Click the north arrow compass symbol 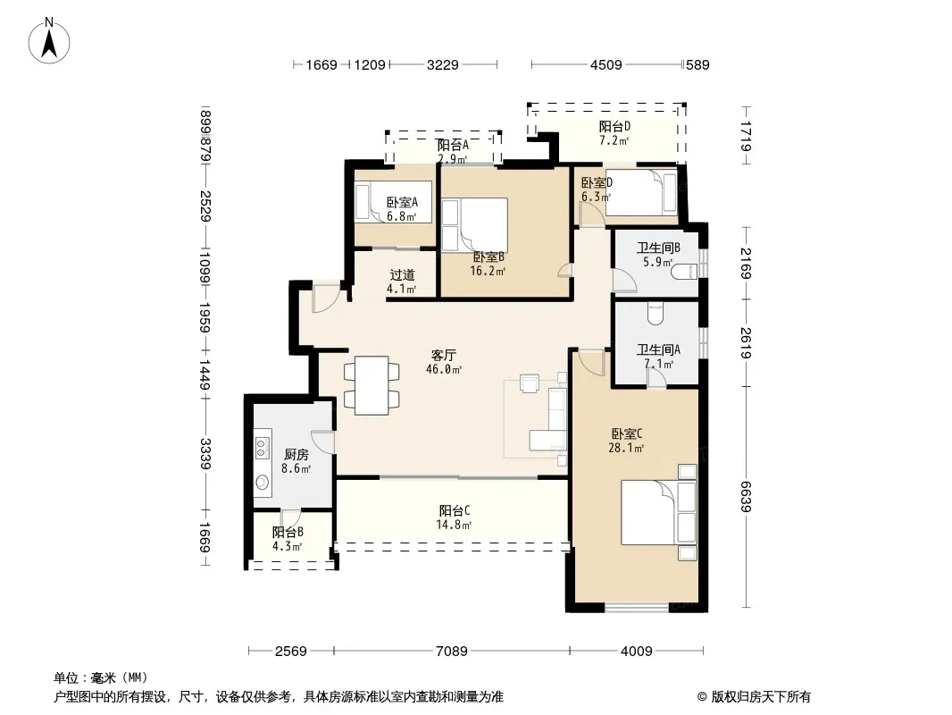(49, 41)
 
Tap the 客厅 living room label (443, 355)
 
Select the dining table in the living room (372, 386)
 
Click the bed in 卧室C (658, 512)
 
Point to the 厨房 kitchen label (296, 454)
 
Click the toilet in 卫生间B (684, 271)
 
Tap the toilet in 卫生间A (656, 313)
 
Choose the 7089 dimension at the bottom (452, 652)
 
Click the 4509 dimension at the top (605, 64)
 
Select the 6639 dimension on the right (747, 496)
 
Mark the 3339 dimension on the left (205, 453)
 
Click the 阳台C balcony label (455, 511)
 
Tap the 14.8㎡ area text (454, 525)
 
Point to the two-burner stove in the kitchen (263, 448)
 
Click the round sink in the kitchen (263, 483)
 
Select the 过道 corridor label (402, 274)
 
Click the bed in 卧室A (393, 202)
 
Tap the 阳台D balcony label (614, 126)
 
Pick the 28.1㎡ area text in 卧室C (626, 448)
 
